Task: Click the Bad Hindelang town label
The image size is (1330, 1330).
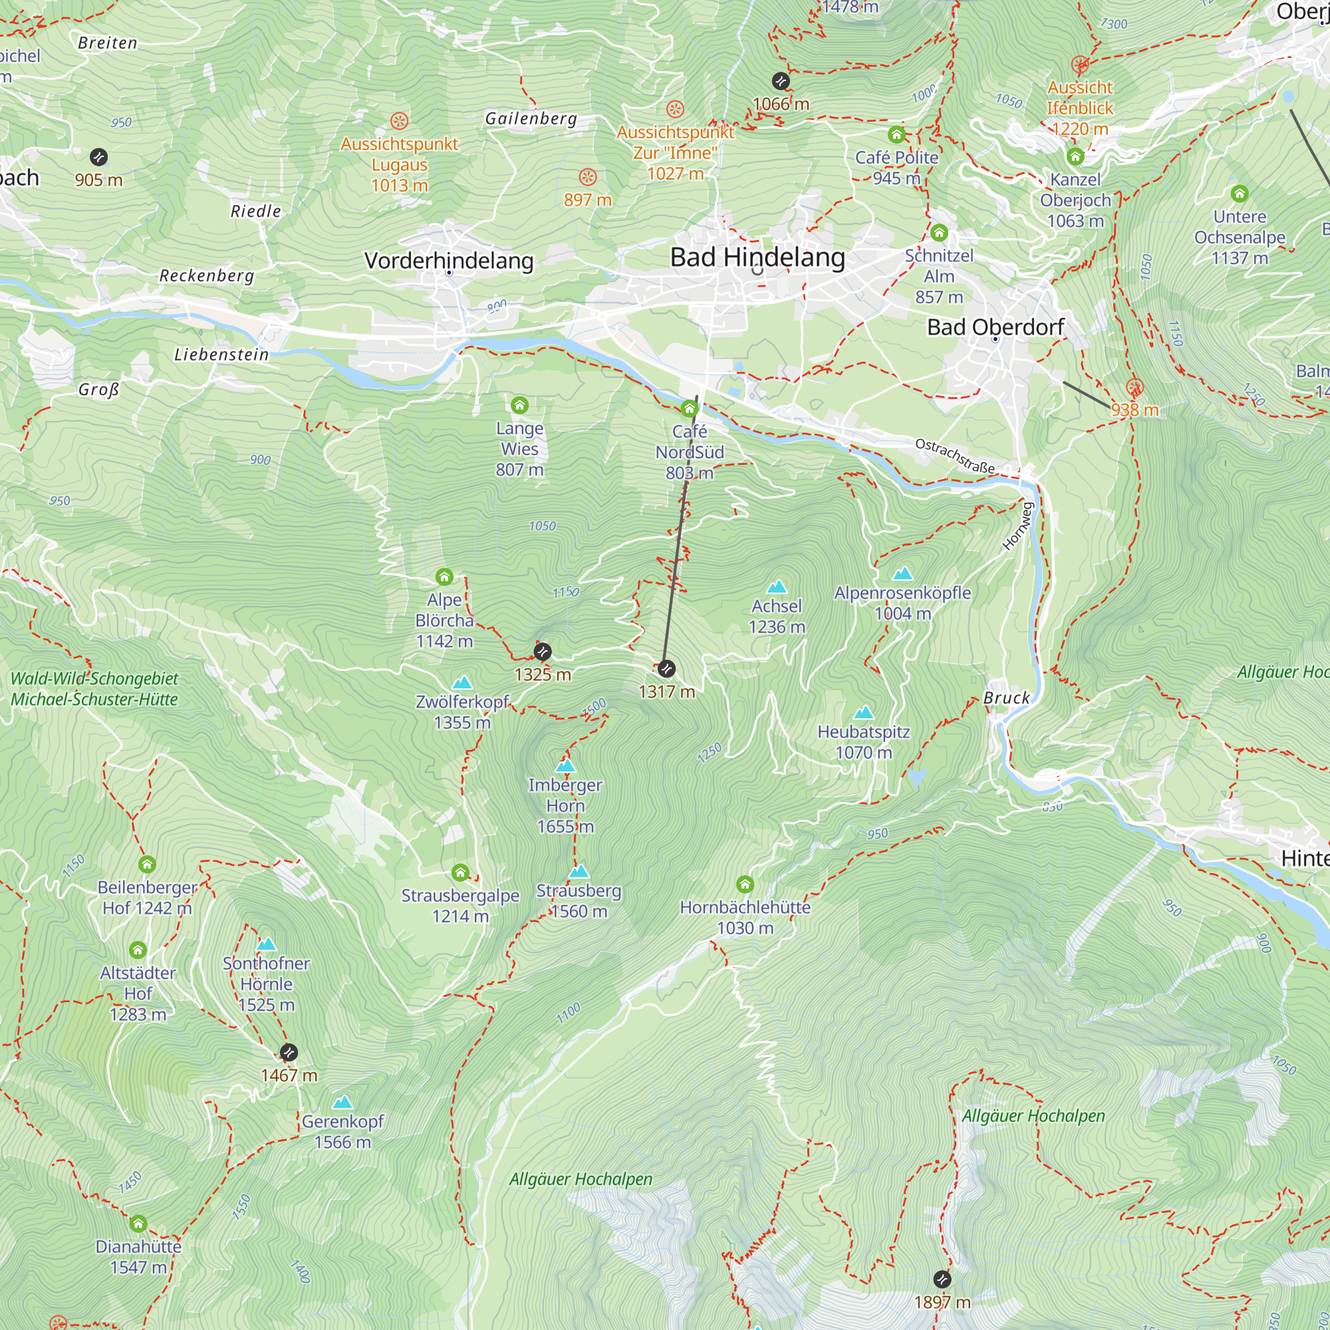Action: coord(757,257)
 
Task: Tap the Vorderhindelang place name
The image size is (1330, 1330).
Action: coord(449,261)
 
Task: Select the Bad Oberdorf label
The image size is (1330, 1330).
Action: coord(996,327)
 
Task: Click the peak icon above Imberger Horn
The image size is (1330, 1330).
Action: coord(565,765)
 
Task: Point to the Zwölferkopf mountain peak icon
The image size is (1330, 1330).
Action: coord(463,683)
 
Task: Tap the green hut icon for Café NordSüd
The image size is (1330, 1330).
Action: coord(689,409)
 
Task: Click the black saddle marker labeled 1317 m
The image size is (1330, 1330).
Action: coord(666,668)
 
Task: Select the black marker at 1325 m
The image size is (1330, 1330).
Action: coord(543,651)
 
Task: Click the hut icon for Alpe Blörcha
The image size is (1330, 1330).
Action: coord(445,576)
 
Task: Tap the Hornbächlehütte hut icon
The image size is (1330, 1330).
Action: coord(745,884)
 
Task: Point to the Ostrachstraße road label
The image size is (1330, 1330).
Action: coord(955,455)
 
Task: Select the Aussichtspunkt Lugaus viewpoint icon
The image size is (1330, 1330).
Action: coord(399,121)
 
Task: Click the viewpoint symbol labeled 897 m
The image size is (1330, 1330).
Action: coord(587,177)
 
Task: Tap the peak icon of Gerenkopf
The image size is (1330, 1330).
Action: coord(342,1103)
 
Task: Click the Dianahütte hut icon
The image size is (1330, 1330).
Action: coord(138,1224)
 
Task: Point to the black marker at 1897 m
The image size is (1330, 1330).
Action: coord(942,1279)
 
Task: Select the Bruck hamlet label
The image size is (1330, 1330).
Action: coord(1006,698)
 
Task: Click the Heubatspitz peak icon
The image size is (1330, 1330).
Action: coord(863,712)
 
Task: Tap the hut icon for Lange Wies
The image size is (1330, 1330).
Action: coord(520,405)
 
